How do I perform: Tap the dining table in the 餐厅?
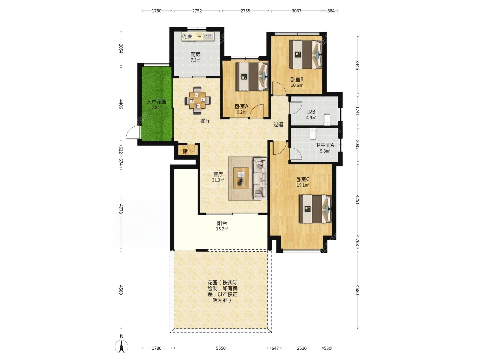tap(198, 100)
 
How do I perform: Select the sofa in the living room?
tap(260, 178)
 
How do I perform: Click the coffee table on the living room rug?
tap(241, 178)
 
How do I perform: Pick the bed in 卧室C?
tap(316, 209)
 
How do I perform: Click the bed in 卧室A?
tap(252, 77)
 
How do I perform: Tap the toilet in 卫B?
tap(327, 120)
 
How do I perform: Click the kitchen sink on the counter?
tap(209, 36)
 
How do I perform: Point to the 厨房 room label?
tap(195, 54)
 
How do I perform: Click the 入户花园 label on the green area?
tap(157, 102)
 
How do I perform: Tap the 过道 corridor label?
tap(278, 124)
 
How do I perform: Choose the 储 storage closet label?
tap(185, 151)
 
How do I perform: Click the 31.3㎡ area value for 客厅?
tap(218, 180)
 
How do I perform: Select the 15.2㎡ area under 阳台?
tap(222, 229)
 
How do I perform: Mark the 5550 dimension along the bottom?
tap(221, 348)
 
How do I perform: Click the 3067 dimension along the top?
tap(297, 11)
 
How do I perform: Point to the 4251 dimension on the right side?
tap(357, 199)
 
